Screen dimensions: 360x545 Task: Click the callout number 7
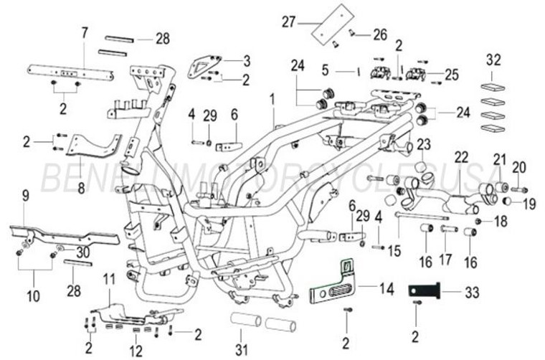pos(84,32)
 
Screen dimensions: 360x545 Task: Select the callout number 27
pos(289,22)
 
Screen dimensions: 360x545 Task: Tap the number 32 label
pos(493,59)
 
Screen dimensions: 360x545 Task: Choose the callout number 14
pos(387,289)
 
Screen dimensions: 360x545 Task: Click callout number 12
pos(136,351)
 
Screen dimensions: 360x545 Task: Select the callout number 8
pos(80,189)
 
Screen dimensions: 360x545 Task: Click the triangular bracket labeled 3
pos(205,67)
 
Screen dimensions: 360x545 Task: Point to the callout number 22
pos(460,157)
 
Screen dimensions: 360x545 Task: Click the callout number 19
pos(529,204)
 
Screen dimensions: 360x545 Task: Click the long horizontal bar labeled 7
pos(70,72)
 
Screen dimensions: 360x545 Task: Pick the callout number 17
pos(445,259)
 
